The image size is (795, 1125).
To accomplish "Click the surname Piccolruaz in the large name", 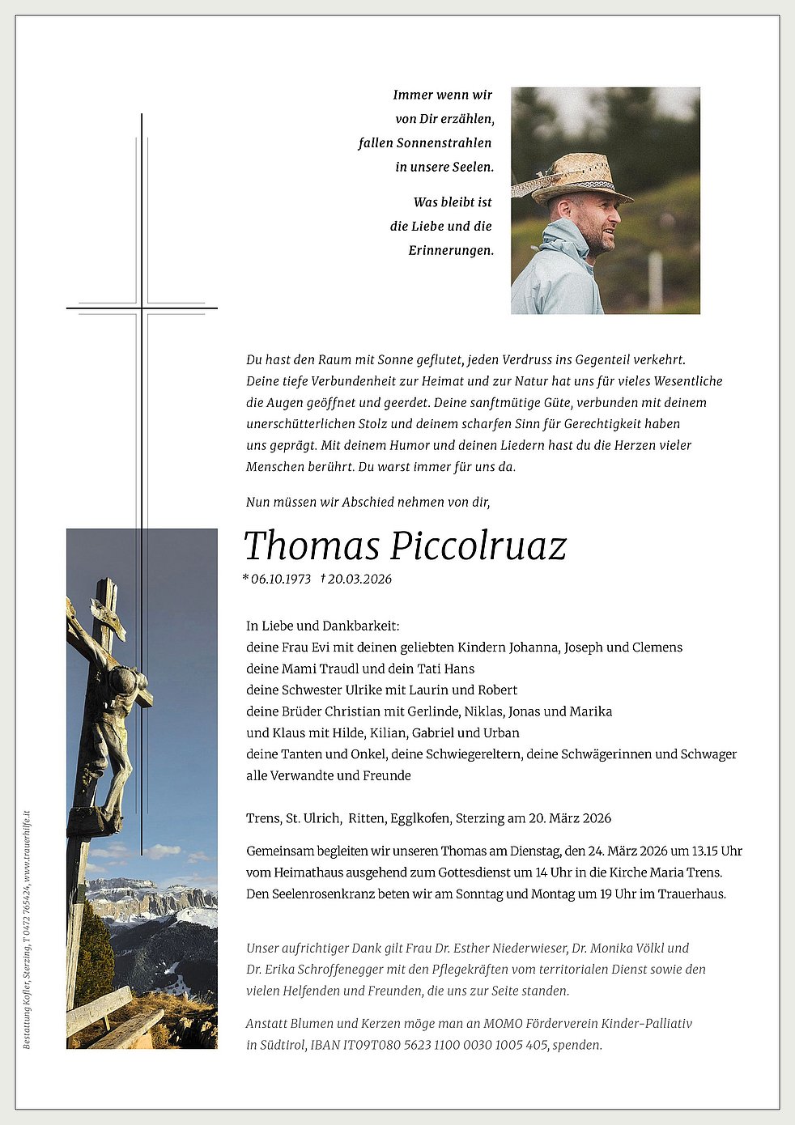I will pos(478,546).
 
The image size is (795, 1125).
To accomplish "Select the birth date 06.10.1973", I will pos(280,579).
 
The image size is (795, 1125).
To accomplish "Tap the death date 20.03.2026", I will pos(359,579).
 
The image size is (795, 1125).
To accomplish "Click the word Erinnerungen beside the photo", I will pos(451,251).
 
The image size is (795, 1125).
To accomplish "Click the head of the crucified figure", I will pos(124,680).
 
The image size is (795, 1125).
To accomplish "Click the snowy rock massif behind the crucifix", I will pos(154,898).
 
